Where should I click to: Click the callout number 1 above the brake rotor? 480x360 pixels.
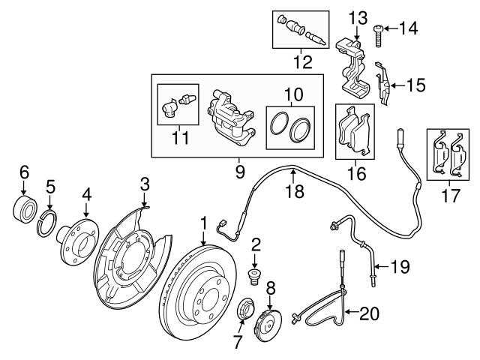click(203, 223)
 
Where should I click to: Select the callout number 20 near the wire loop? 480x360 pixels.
click(370, 313)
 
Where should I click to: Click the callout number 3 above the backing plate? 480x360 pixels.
click(145, 184)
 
